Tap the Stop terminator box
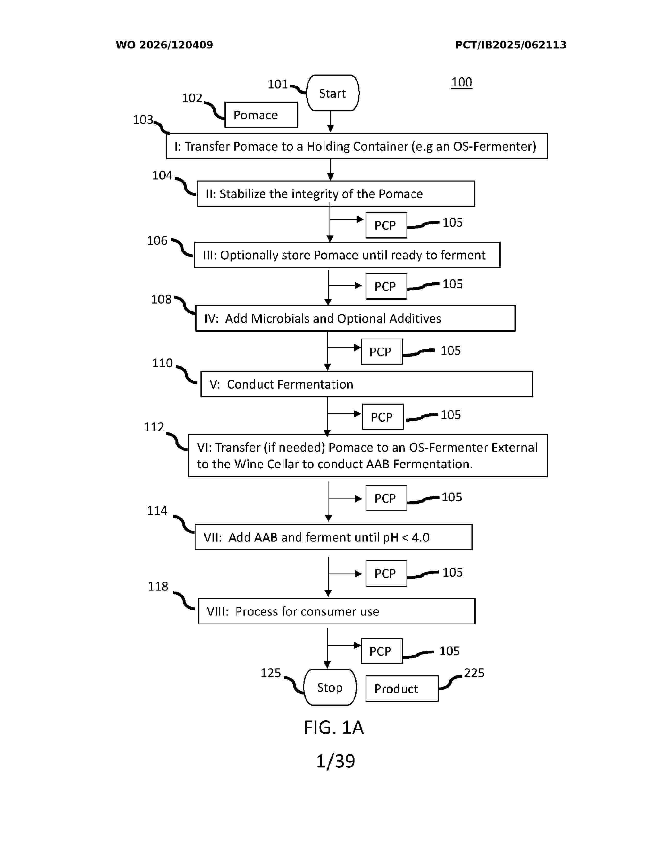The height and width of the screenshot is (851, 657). [x=330, y=687]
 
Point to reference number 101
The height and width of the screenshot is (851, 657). [x=277, y=84]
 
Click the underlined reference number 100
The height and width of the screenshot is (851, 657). [x=462, y=82]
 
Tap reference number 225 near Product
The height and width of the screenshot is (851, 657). [x=474, y=673]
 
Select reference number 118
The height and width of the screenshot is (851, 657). [x=158, y=586]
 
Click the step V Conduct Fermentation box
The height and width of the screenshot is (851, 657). [x=367, y=384]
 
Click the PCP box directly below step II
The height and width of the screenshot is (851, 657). [x=386, y=225]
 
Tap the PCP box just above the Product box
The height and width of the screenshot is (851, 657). [x=381, y=651]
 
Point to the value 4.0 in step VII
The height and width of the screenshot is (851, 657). [x=420, y=537]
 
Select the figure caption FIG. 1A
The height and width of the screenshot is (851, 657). [x=334, y=727]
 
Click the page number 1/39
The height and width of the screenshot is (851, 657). [x=335, y=761]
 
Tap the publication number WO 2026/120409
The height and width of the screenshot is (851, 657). [x=164, y=45]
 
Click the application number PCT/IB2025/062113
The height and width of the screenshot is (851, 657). [x=511, y=45]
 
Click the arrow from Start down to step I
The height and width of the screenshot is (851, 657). [x=331, y=121]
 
